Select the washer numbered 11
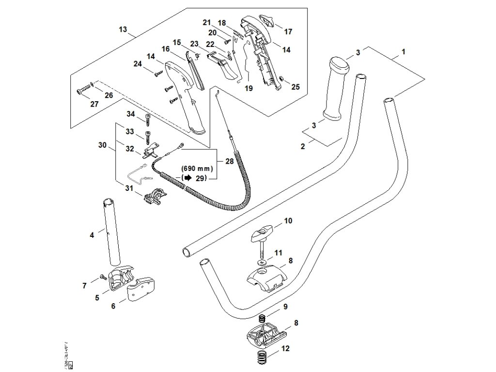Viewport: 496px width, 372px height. coord(262,262)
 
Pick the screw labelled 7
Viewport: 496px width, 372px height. coord(103,277)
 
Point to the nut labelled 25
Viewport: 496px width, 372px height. coord(281,79)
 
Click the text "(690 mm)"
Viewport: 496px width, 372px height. coord(197,168)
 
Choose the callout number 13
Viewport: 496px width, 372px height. coord(123,30)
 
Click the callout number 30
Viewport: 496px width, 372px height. coord(102,144)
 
